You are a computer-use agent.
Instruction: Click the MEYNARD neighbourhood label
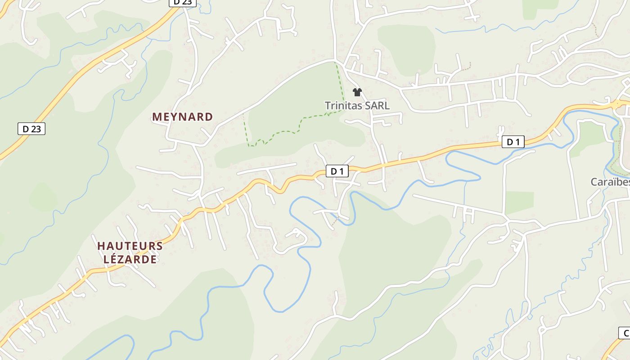(x=182, y=117)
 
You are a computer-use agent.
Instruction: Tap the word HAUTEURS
(x=130, y=246)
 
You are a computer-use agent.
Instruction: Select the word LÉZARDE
(x=130, y=259)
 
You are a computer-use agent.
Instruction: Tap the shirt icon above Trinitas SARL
(x=357, y=92)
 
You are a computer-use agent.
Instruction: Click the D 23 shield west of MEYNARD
(x=31, y=129)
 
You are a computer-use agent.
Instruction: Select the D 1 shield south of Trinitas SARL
(x=337, y=171)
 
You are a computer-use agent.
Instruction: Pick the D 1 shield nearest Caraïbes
(x=513, y=142)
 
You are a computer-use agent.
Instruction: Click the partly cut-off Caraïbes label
(x=610, y=182)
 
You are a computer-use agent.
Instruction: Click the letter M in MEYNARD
(x=157, y=117)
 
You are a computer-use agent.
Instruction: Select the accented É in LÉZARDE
(x=116, y=259)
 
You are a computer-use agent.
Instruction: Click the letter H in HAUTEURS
(x=101, y=246)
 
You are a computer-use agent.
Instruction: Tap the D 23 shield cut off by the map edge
(x=182, y=2)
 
